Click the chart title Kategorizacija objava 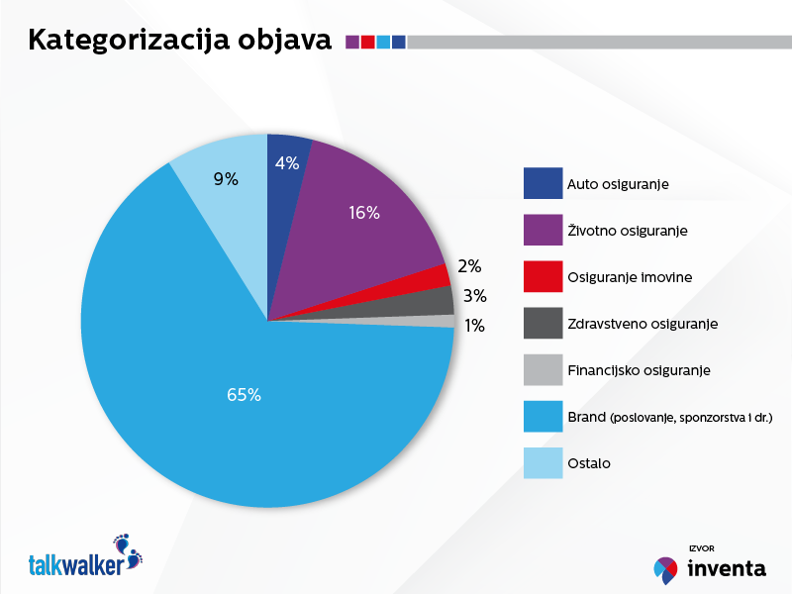(179, 41)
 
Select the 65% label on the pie (244, 395)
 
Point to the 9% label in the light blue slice (226, 179)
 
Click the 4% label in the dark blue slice (287, 163)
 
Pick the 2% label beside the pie (469, 266)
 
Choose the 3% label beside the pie (474, 295)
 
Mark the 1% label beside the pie (474, 325)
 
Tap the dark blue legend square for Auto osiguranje (543, 183)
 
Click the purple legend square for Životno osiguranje (543, 230)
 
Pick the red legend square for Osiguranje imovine (543, 276)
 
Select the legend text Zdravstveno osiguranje (642, 324)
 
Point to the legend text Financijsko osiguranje (639, 370)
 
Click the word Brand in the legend (588, 417)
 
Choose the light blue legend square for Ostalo (543, 462)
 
